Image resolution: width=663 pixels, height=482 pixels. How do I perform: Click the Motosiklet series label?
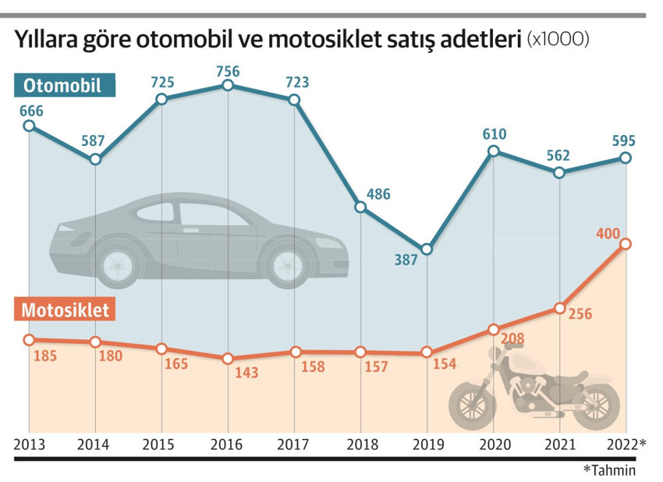[66, 309]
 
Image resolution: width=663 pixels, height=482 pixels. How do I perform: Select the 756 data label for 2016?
[228, 71]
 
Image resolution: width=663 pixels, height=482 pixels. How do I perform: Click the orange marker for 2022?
[626, 244]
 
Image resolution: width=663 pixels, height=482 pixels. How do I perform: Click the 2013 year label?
[29, 445]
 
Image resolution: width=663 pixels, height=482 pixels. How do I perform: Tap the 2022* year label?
[628, 445]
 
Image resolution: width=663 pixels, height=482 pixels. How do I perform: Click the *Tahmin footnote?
[609, 470]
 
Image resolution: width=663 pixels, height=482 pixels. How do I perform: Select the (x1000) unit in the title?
[558, 38]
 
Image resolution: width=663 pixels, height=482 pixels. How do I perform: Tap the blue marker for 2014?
[95, 159]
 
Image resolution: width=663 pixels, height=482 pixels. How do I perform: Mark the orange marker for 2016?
[228, 359]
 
